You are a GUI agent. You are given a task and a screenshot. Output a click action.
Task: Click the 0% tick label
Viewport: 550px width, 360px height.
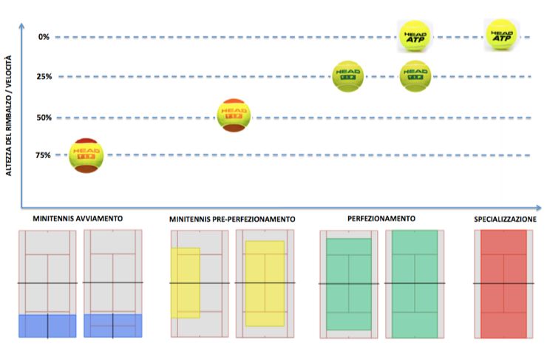tap(44, 36)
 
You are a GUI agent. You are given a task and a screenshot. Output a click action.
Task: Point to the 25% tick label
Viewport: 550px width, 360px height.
tap(44, 77)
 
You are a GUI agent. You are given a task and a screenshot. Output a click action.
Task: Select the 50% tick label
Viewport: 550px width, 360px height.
tap(44, 118)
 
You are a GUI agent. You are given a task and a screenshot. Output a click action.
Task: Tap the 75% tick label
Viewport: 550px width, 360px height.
tap(44, 154)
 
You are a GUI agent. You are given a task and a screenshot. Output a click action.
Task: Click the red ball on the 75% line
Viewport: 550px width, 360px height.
tap(86, 155)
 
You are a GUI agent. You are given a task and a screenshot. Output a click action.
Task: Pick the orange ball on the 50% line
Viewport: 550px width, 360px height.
tap(234, 115)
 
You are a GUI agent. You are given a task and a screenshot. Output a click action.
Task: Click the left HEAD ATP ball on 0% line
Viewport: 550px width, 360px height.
tap(415, 35)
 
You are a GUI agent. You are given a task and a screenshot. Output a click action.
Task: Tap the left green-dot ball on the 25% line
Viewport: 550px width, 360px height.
tap(347, 75)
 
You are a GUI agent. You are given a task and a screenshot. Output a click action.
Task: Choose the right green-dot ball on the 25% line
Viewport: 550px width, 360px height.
tap(415, 75)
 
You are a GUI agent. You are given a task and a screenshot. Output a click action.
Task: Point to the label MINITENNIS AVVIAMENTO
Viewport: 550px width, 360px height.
tap(77, 219)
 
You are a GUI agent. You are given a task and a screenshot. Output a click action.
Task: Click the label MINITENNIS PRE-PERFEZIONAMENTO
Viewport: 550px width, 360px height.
tap(231, 220)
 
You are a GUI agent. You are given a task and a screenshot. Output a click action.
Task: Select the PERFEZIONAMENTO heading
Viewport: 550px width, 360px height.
tap(381, 219)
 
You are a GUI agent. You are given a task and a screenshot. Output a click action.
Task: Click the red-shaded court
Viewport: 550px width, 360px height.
tap(503, 283)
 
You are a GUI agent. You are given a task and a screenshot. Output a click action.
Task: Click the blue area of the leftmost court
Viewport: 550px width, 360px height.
tap(47, 326)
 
